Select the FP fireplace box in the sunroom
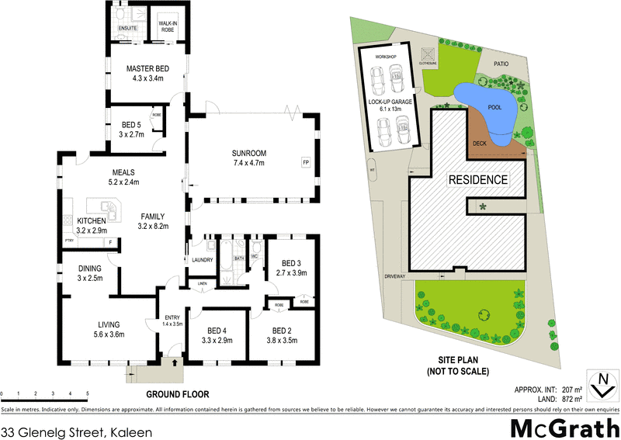306,162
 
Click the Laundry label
202,260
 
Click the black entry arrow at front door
173,361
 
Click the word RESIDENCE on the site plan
477,180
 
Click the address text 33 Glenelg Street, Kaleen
76,427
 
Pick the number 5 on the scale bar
88,394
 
